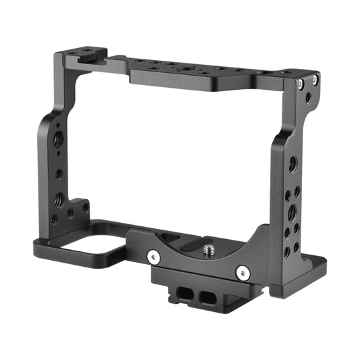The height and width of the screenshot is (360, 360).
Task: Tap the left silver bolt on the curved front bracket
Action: pos(153,257)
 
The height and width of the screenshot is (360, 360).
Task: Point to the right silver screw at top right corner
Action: pos(313,80)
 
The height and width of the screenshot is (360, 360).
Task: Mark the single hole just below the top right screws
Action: pos(308,98)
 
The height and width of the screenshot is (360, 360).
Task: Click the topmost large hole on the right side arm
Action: pos(292,164)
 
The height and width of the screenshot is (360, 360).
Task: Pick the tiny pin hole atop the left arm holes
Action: pos(58,126)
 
